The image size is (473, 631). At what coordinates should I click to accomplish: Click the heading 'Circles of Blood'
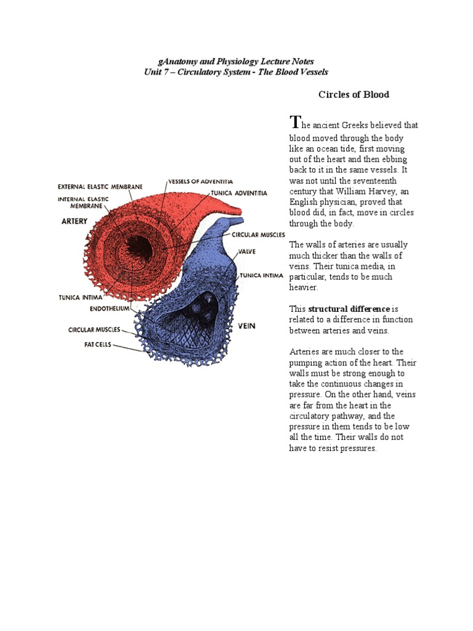(x=354, y=94)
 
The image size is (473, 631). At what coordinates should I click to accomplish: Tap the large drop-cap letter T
(x=296, y=121)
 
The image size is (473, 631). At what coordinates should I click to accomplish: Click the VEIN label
(x=247, y=325)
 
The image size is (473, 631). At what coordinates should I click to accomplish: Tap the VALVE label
(x=248, y=251)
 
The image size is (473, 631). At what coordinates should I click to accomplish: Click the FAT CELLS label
(x=98, y=345)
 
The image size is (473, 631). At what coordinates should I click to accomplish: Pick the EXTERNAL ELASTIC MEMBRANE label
(x=100, y=186)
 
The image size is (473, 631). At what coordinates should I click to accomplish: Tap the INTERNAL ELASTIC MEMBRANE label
(x=83, y=203)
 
